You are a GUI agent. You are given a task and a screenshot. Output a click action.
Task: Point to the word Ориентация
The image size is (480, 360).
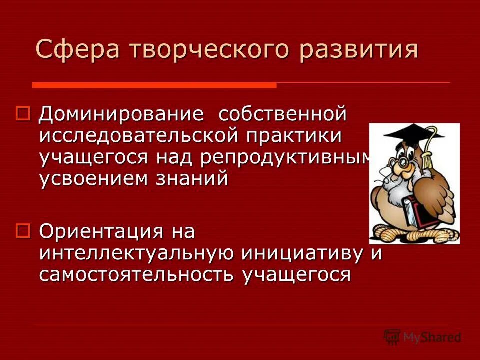coord(102,231)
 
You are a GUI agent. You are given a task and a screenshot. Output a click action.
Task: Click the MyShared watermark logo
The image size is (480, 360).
coord(422,337)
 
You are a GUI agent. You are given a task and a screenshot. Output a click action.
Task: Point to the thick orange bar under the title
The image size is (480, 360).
coord(154,85)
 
